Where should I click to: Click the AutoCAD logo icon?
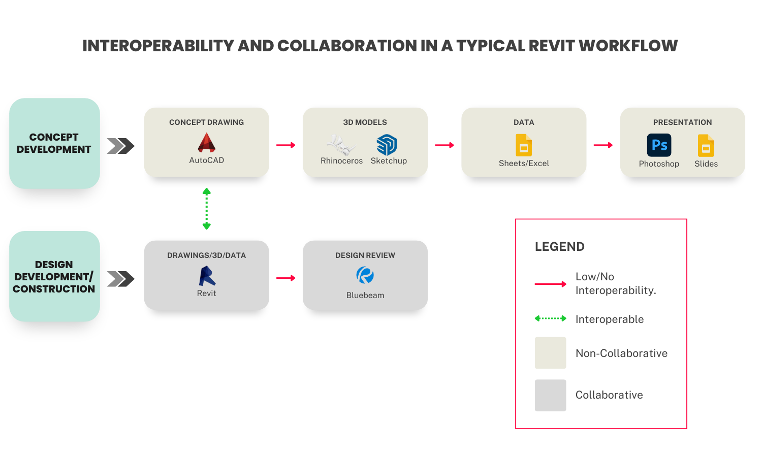(x=207, y=143)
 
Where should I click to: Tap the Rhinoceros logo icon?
(x=341, y=145)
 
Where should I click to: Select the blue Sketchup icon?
(x=387, y=145)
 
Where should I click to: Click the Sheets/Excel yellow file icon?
(x=524, y=145)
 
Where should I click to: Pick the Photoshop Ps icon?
(x=659, y=145)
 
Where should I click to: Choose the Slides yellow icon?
(x=706, y=146)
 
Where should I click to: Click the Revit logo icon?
(x=207, y=276)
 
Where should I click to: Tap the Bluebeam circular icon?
(x=365, y=276)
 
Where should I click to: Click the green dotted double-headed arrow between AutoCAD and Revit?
(x=207, y=209)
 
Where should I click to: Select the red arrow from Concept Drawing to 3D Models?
(x=286, y=145)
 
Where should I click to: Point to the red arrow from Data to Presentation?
(x=603, y=145)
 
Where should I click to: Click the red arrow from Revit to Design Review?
(x=286, y=278)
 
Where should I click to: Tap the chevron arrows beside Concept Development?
(x=121, y=146)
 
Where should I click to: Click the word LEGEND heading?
(x=559, y=247)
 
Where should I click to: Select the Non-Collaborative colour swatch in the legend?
(x=550, y=353)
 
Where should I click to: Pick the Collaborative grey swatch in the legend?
(x=550, y=395)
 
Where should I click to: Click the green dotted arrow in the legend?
(x=550, y=319)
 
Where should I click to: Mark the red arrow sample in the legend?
(x=550, y=284)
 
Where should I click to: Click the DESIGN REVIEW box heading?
(x=365, y=255)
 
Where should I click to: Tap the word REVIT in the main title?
(x=551, y=46)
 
